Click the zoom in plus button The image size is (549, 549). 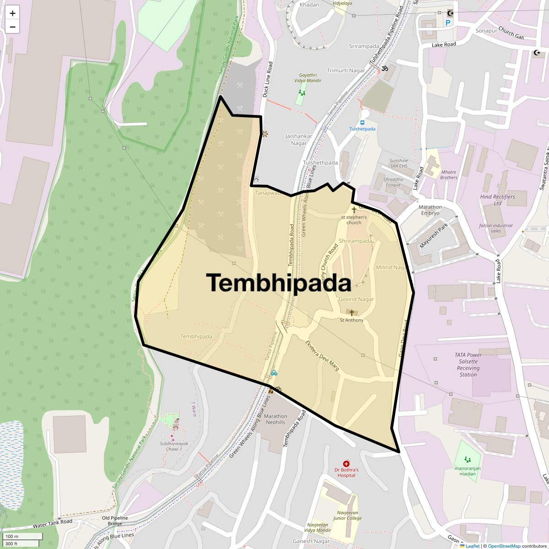(x=12, y=13)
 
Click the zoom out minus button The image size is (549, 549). (x=12, y=27)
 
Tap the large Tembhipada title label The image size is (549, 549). (x=278, y=283)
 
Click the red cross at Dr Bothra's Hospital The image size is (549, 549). (x=346, y=464)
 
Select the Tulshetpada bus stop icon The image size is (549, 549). (x=362, y=123)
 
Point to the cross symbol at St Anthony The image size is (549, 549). (x=351, y=313)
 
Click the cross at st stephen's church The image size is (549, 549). (x=354, y=210)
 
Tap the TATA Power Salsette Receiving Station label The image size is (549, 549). (x=468, y=365)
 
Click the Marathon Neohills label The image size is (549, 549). (x=275, y=419)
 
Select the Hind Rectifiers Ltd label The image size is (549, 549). (x=497, y=200)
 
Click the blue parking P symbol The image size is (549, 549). (x=448, y=22)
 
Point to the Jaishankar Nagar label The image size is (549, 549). (x=299, y=140)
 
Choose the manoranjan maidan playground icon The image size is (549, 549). (x=467, y=459)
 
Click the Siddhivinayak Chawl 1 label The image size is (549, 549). (x=173, y=446)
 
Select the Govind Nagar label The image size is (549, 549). (x=356, y=299)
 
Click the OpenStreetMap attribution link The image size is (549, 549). (x=504, y=546)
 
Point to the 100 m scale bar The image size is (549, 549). (x=22, y=536)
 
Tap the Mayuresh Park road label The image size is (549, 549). (x=434, y=236)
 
